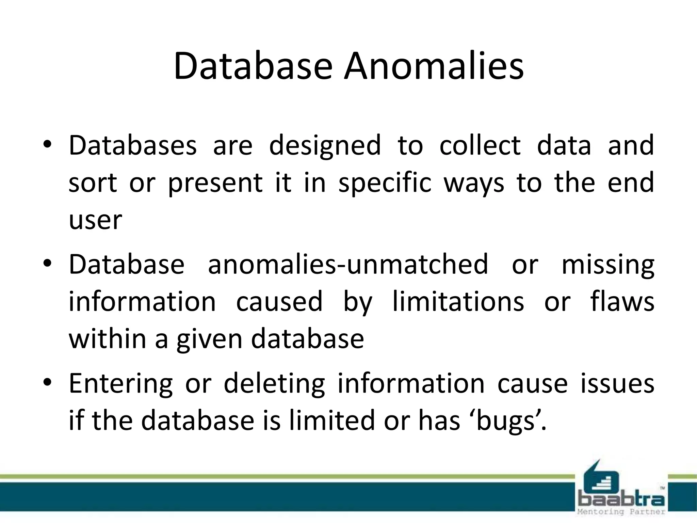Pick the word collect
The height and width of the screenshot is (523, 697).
pos(480,145)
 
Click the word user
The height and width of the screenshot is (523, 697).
pos(95,221)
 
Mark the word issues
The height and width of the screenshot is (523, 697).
pos(617,383)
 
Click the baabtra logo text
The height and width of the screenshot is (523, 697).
pos(621,500)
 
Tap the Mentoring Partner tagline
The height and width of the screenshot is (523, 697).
pos(621,512)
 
